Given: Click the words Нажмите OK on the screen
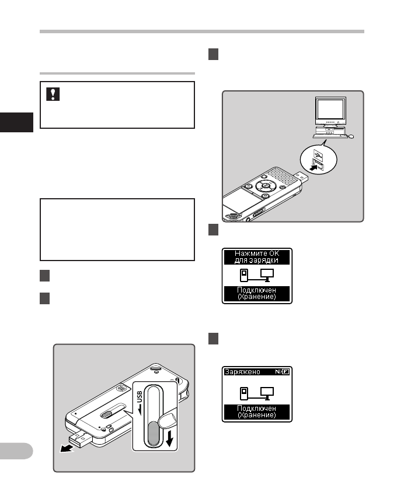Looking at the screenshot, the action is click(x=257, y=253).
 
